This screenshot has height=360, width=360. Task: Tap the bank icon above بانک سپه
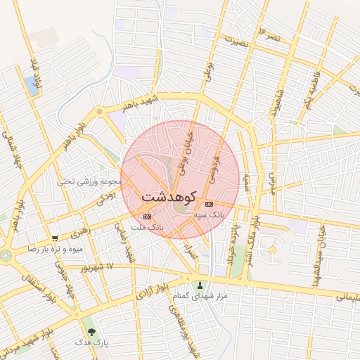point(208,205)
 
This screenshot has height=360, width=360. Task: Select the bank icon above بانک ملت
point(146,217)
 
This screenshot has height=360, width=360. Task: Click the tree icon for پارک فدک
point(90,331)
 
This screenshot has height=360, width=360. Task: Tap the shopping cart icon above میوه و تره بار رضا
point(56,238)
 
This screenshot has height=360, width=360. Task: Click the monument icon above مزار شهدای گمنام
point(200,285)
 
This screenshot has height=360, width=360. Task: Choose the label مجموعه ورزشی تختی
point(91,181)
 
